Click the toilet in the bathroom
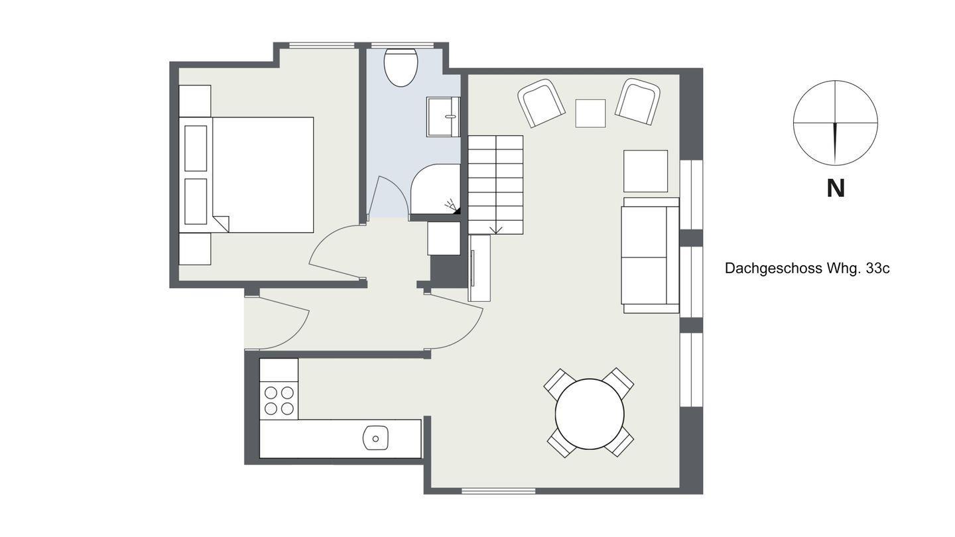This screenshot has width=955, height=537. click(x=401, y=68)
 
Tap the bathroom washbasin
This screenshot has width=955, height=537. click(x=444, y=117)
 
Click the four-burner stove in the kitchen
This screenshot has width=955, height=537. click(x=279, y=400)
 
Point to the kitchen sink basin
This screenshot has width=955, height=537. click(x=375, y=438)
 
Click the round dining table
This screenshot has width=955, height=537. click(x=590, y=414)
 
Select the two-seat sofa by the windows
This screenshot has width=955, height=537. click(x=650, y=255)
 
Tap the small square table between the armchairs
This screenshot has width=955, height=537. click(x=590, y=113)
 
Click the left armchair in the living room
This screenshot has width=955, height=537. click(x=541, y=103)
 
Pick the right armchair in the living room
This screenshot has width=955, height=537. click(x=637, y=102)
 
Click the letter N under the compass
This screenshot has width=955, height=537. click(x=836, y=188)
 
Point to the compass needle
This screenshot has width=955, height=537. click(x=836, y=144)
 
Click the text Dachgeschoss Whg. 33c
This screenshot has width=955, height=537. click(x=807, y=268)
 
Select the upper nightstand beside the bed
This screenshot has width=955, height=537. click(x=195, y=101)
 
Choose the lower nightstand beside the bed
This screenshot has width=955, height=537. click(x=195, y=249)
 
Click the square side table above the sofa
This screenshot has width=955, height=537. click(x=645, y=171)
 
